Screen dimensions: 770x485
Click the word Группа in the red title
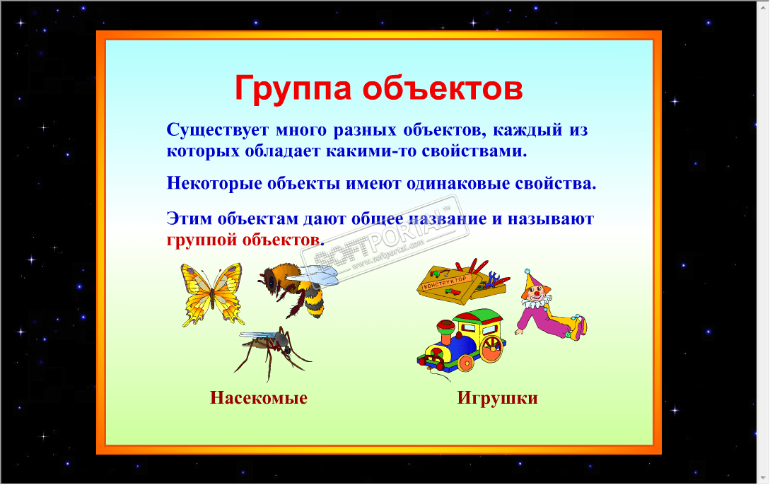point(293,89)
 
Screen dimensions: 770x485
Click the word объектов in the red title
point(443,88)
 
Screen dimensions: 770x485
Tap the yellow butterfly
point(212,295)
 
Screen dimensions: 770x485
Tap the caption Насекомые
point(259,397)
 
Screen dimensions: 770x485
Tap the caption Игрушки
point(498,398)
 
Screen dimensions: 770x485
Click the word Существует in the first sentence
point(218,130)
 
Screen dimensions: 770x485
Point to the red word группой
point(202,240)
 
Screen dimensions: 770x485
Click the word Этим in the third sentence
point(189,218)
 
